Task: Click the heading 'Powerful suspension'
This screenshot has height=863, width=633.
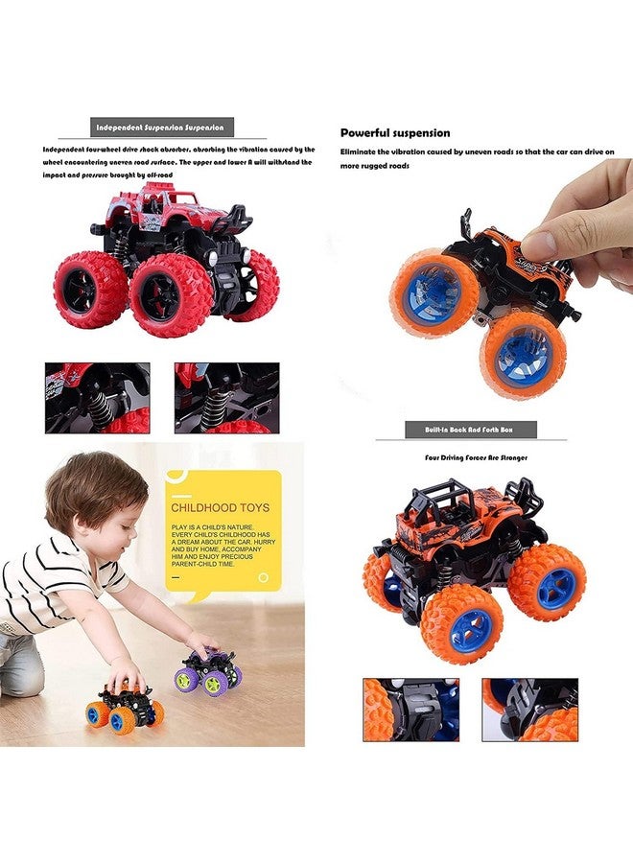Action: coord(395,133)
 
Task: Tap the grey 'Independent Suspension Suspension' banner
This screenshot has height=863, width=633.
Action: coord(160,127)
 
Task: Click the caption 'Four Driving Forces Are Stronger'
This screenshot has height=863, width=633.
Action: coord(477,457)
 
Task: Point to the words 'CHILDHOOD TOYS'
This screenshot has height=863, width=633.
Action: coord(220,507)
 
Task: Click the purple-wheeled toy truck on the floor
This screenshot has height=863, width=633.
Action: coord(208,671)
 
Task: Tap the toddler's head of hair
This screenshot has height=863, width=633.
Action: coord(96,494)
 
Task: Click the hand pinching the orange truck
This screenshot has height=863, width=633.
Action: coord(580,225)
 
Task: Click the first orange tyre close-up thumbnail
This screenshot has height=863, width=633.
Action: coord(410,710)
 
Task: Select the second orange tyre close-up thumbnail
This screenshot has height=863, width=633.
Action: coord(529,710)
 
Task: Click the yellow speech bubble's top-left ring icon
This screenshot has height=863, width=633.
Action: coord(174,477)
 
